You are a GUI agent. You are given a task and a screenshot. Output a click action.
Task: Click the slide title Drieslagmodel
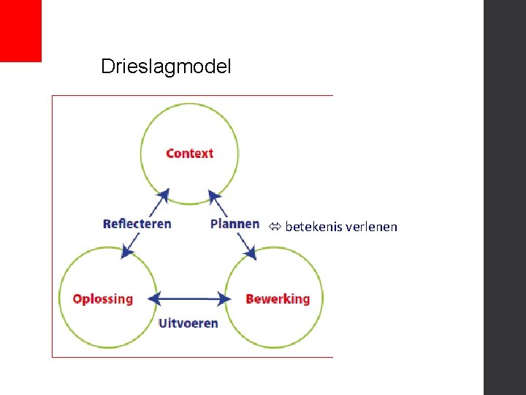[166, 67]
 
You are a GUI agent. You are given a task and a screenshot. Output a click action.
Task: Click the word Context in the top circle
[189, 153]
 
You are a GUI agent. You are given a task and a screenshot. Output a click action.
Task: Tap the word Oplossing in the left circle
[103, 298]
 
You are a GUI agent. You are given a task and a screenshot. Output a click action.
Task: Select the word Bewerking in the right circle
[278, 298]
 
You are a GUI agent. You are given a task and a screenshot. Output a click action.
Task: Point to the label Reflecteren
[137, 223]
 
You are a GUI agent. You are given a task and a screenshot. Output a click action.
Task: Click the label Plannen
[235, 223]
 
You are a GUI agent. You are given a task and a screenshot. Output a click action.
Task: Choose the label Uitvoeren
[188, 323]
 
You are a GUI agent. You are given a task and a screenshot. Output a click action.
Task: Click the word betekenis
[311, 227]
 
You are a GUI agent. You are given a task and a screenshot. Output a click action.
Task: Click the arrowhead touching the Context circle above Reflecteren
[164, 195]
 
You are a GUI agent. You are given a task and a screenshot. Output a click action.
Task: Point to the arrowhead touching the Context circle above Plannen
[214, 196]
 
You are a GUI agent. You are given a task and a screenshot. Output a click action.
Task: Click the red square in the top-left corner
[20, 31]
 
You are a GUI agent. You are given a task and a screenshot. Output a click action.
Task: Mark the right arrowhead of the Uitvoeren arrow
[224, 298]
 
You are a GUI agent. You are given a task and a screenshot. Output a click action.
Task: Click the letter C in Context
[170, 153]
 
